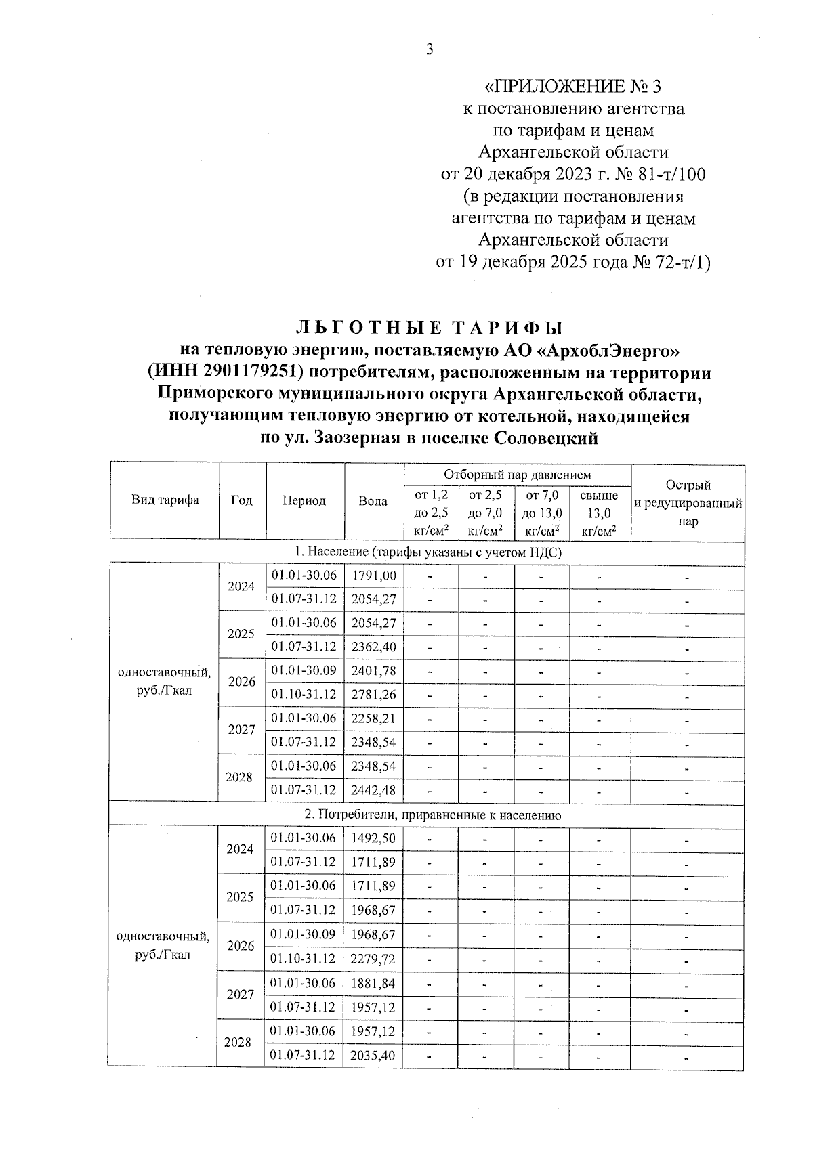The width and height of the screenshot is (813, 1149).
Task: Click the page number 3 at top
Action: (x=429, y=49)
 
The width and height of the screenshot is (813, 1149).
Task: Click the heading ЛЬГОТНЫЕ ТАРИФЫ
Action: (x=430, y=328)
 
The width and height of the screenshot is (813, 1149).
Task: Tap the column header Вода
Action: (x=373, y=501)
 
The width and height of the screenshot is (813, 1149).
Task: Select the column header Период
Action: (x=304, y=501)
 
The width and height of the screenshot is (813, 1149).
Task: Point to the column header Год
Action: (x=241, y=500)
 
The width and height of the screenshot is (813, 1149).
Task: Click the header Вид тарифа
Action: (x=165, y=500)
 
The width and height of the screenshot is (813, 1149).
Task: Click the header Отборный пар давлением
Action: (x=517, y=475)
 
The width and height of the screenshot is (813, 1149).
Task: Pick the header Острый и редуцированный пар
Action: (x=688, y=503)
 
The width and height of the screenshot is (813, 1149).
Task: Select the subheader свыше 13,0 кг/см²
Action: (x=599, y=513)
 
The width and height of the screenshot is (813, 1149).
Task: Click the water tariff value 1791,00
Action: (x=374, y=576)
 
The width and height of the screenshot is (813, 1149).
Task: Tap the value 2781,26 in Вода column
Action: (x=374, y=695)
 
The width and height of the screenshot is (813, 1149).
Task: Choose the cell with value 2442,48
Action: (x=374, y=789)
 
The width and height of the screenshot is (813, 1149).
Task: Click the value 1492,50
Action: (x=374, y=838)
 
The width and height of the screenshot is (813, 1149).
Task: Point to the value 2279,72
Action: (x=374, y=959)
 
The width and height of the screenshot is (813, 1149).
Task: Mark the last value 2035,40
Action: (x=374, y=1055)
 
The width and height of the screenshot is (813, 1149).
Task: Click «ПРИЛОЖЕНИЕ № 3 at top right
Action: (x=573, y=87)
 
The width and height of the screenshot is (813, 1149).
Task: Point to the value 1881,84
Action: (x=374, y=983)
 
